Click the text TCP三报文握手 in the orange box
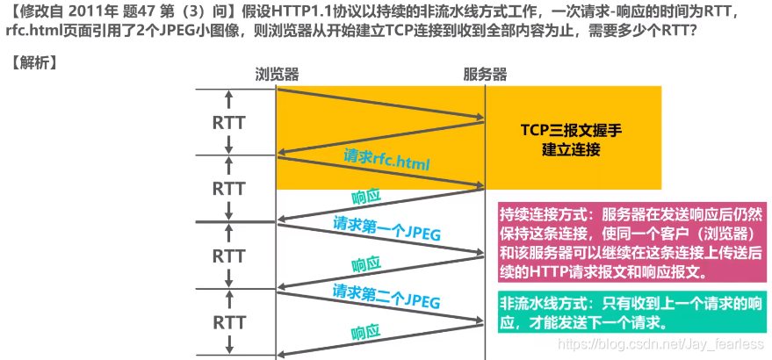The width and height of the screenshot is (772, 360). point(570,130)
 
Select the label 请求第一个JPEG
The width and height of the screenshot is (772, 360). point(386,230)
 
